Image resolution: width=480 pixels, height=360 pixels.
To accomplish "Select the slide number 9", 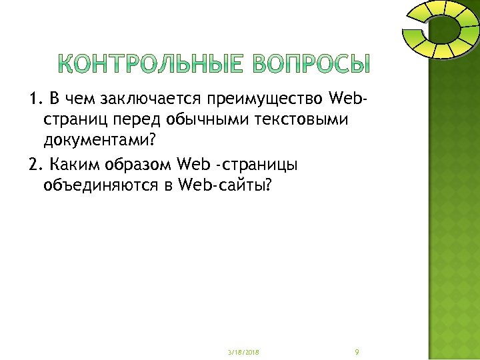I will [358, 351].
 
